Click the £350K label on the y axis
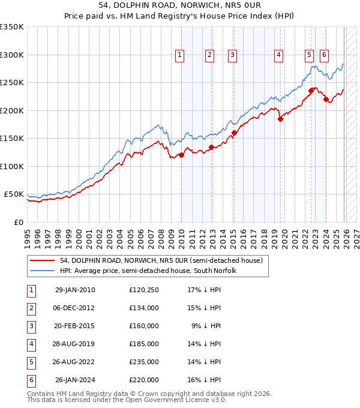(12, 27)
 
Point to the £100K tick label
(12, 166)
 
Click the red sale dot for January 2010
(181, 155)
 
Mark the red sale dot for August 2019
(280, 119)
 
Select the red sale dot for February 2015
(234, 133)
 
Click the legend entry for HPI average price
(148, 271)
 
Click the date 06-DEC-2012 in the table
(74, 308)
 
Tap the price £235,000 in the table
(143, 362)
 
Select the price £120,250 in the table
(143, 290)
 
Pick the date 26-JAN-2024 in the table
(74, 380)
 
